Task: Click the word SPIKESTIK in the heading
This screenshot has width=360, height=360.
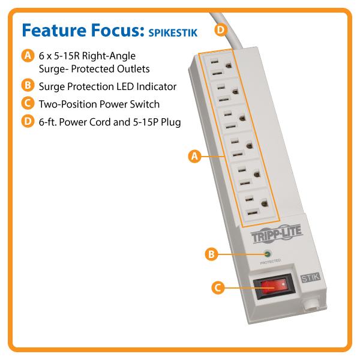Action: pyautogui.click(x=173, y=32)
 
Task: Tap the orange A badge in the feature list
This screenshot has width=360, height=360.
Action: pyautogui.click(x=28, y=56)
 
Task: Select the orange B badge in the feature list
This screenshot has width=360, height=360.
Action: pyautogui.click(x=28, y=85)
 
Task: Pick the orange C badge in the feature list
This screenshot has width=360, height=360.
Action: pyautogui.click(x=28, y=103)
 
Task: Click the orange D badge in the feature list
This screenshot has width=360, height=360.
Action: pyautogui.click(x=28, y=121)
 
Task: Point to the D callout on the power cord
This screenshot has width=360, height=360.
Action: pyautogui.click(x=221, y=30)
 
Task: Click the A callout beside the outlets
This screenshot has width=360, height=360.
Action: pyautogui.click(x=194, y=157)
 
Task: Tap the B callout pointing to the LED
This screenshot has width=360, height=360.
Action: pyautogui.click(x=211, y=254)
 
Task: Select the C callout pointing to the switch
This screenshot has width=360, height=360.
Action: pyautogui.click(x=218, y=287)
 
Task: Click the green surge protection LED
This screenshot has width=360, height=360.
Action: pyautogui.click(x=267, y=254)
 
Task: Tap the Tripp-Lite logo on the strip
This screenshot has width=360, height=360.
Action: pyautogui.click(x=277, y=234)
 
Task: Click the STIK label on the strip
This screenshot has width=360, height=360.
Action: pyautogui.click(x=310, y=278)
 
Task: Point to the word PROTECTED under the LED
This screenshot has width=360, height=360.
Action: pyautogui.click(x=271, y=262)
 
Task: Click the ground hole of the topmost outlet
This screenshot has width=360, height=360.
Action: pyautogui.click(x=229, y=65)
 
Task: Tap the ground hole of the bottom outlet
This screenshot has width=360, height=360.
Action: pyautogui.click(x=265, y=203)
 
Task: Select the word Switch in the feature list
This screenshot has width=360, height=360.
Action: pyautogui.click(x=145, y=104)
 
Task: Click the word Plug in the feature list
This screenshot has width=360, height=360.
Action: pyautogui.click(x=171, y=122)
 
